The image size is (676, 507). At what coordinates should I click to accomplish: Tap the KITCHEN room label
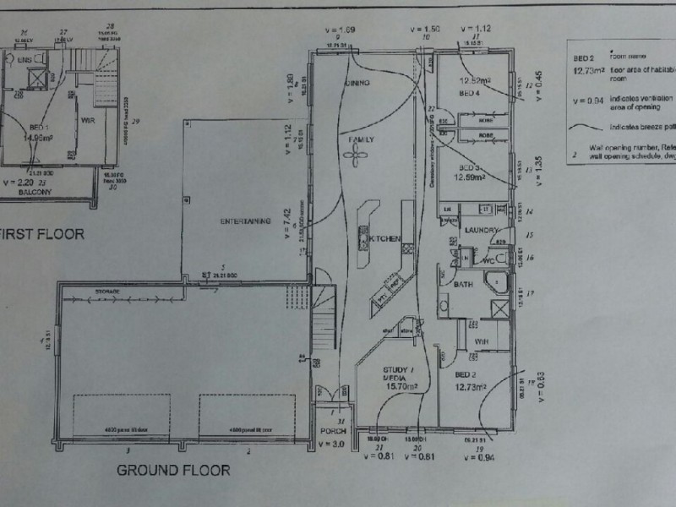[384, 239]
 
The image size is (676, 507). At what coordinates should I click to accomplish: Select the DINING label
[360, 84]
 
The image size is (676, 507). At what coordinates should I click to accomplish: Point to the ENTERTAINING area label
[245, 221]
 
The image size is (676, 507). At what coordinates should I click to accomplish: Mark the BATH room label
[463, 285]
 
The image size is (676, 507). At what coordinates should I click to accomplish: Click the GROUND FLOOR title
[172, 470]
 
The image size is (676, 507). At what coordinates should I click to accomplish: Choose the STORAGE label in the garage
[107, 292]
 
